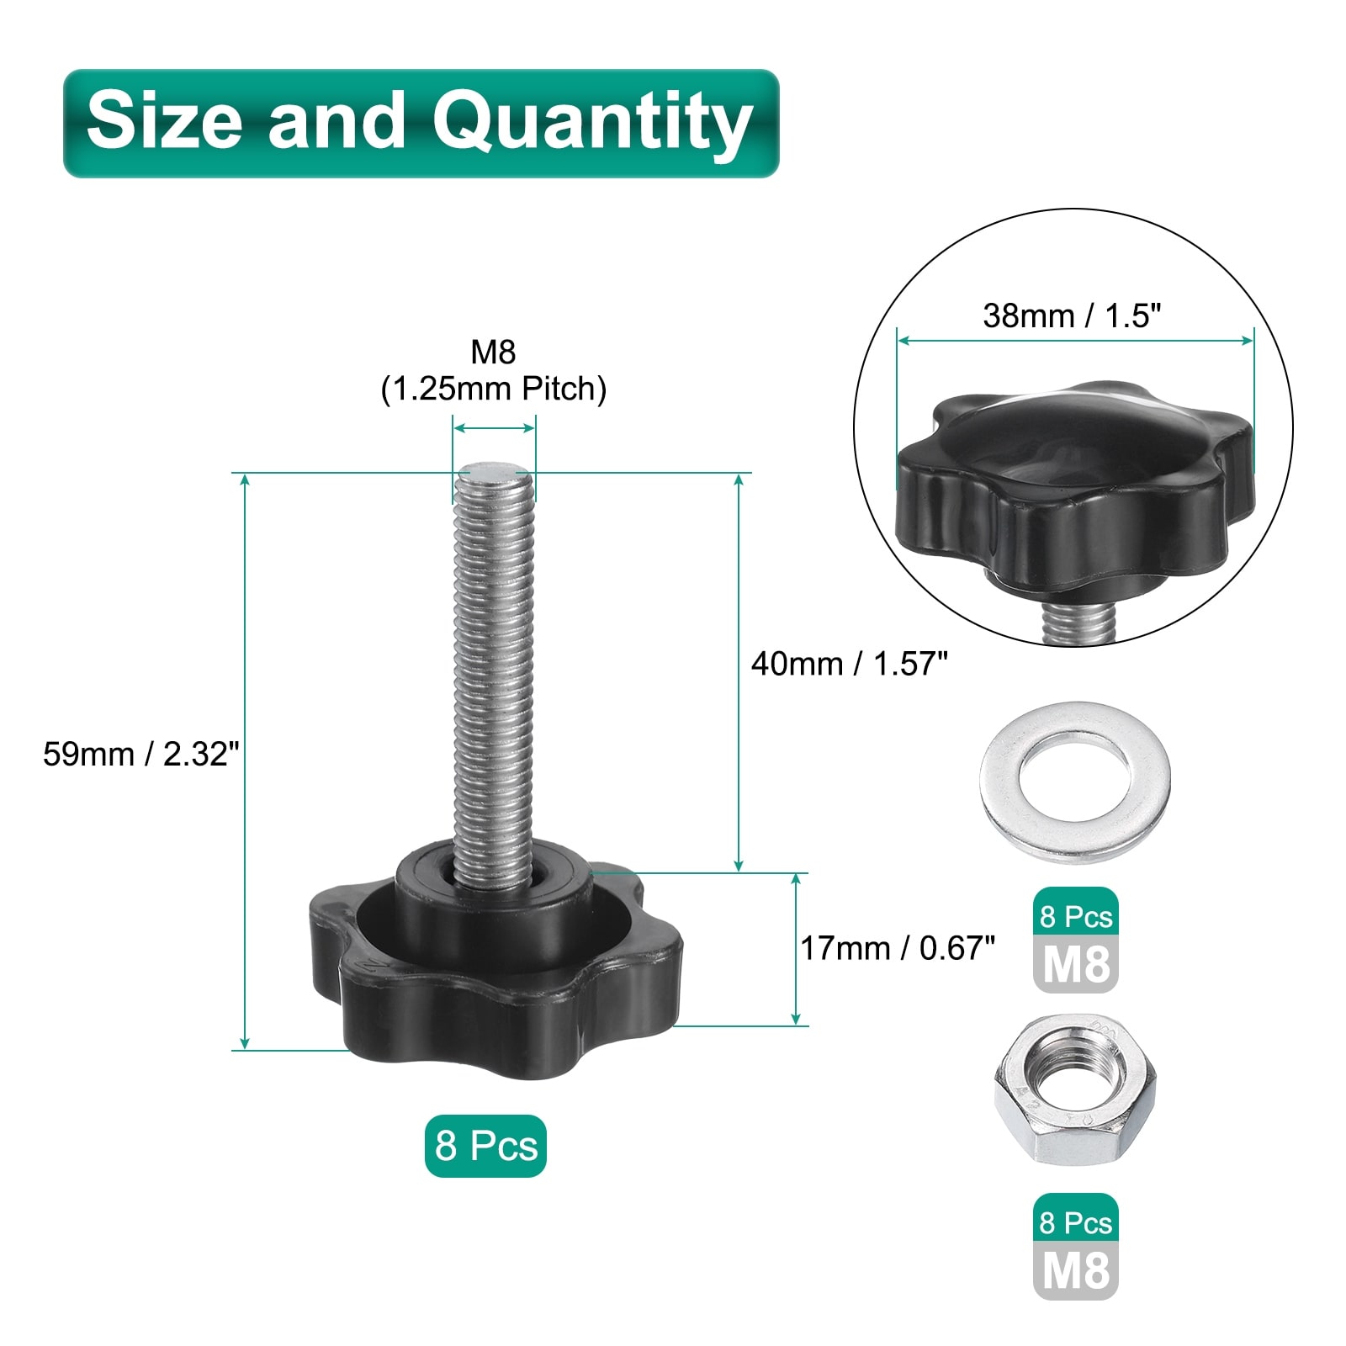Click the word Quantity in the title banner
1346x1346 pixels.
(x=591, y=123)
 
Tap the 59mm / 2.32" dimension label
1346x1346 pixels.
(x=141, y=754)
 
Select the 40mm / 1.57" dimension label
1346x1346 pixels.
(x=849, y=664)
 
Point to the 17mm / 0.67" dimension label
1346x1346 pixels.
(x=898, y=948)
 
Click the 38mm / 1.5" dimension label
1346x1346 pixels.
(x=1072, y=315)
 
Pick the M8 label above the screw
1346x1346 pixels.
(x=493, y=352)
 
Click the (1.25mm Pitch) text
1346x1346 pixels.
(x=494, y=389)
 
